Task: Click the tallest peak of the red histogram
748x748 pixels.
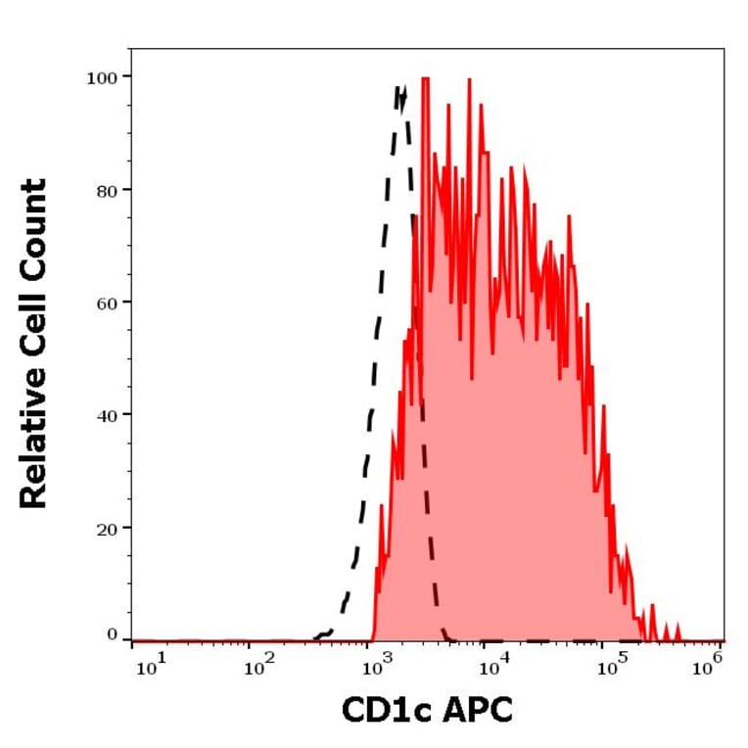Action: (426, 77)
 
